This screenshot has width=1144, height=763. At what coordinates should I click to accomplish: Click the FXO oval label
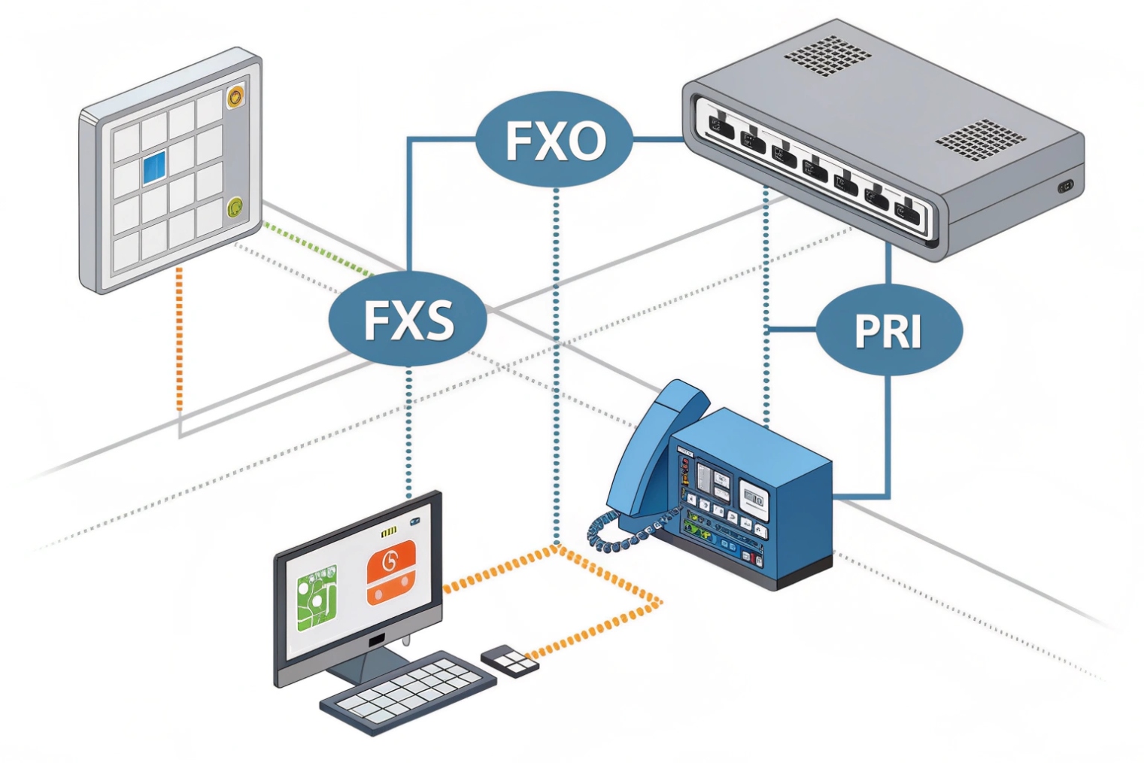[x=554, y=140]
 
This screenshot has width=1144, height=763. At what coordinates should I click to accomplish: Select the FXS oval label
[x=408, y=319]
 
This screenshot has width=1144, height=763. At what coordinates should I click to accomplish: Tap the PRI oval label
[x=888, y=330]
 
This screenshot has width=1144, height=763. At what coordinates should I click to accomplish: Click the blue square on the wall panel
[x=154, y=167]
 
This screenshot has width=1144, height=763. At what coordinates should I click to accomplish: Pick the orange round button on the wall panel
[x=235, y=96]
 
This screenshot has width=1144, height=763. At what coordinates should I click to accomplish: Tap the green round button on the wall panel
[x=235, y=207]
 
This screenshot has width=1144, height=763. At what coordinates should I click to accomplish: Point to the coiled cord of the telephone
[x=613, y=530]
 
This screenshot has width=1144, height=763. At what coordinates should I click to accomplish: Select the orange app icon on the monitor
[x=390, y=572]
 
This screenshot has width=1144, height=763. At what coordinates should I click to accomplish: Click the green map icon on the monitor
[x=317, y=598]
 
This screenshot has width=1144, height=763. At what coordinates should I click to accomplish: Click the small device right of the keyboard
[x=510, y=660]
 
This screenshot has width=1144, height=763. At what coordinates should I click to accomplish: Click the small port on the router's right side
[x=1065, y=186]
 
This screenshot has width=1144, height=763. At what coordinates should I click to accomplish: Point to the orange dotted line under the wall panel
[x=179, y=339]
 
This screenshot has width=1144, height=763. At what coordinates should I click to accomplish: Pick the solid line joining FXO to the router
[x=657, y=139]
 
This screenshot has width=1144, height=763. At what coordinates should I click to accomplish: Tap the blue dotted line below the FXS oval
[x=408, y=429]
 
